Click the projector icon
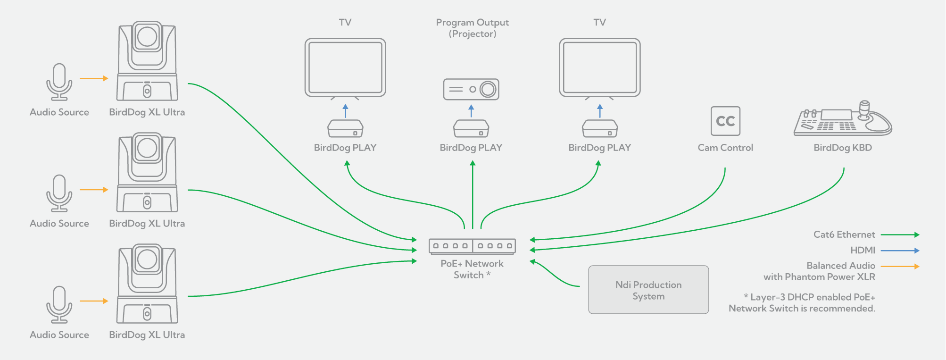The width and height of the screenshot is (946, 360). click(x=471, y=89)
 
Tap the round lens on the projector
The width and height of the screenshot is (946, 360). click(x=488, y=89)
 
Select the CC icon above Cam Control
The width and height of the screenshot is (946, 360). click(x=725, y=121)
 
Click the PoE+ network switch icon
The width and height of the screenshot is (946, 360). click(x=472, y=246)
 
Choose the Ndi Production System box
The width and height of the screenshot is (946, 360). click(x=648, y=290)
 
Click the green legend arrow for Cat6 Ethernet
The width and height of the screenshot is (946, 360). click(x=900, y=234)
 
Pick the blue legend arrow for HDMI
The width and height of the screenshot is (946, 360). click(x=900, y=251)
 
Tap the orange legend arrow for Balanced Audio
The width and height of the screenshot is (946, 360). click(x=900, y=267)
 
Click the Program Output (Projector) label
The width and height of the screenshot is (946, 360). click(x=472, y=28)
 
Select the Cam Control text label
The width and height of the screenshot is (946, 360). click(x=725, y=148)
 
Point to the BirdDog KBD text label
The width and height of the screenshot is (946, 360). click(x=843, y=148)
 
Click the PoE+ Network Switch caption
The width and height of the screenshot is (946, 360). click(x=472, y=269)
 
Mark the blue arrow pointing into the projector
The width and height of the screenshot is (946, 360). click(x=471, y=111)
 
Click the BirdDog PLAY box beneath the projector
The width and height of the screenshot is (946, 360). click(x=471, y=128)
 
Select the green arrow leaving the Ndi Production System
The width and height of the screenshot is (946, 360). click(x=554, y=274)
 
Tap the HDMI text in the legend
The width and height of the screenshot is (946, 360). click(x=863, y=251)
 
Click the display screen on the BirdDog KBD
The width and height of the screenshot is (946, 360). click(x=836, y=115)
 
